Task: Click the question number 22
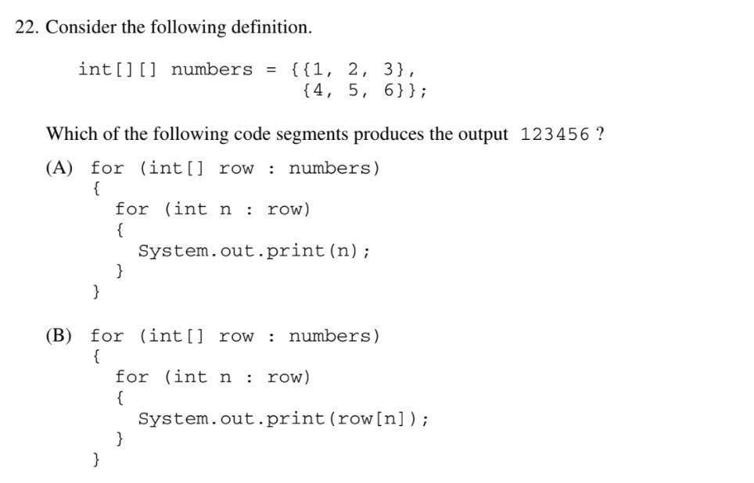(x=26, y=27)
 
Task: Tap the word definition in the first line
(x=271, y=27)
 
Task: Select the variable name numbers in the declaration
(x=212, y=70)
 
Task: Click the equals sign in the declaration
(x=271, y=70)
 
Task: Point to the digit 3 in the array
(x=389, y=70)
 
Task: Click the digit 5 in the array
(x=354, y=90)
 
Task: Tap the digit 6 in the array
(x=389, y=90)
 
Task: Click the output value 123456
(x=555, y=134)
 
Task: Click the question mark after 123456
(x=600, y=134)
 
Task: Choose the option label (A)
(x=59, y=168)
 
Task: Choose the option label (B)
(x=59, y=335)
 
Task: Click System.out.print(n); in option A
(x=254, y=251)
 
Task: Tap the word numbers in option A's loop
(x=329, y=168)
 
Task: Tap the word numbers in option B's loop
(x=329, y=336)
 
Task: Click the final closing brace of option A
(x=96, y=292)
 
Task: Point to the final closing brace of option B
(x=96, y=459)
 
